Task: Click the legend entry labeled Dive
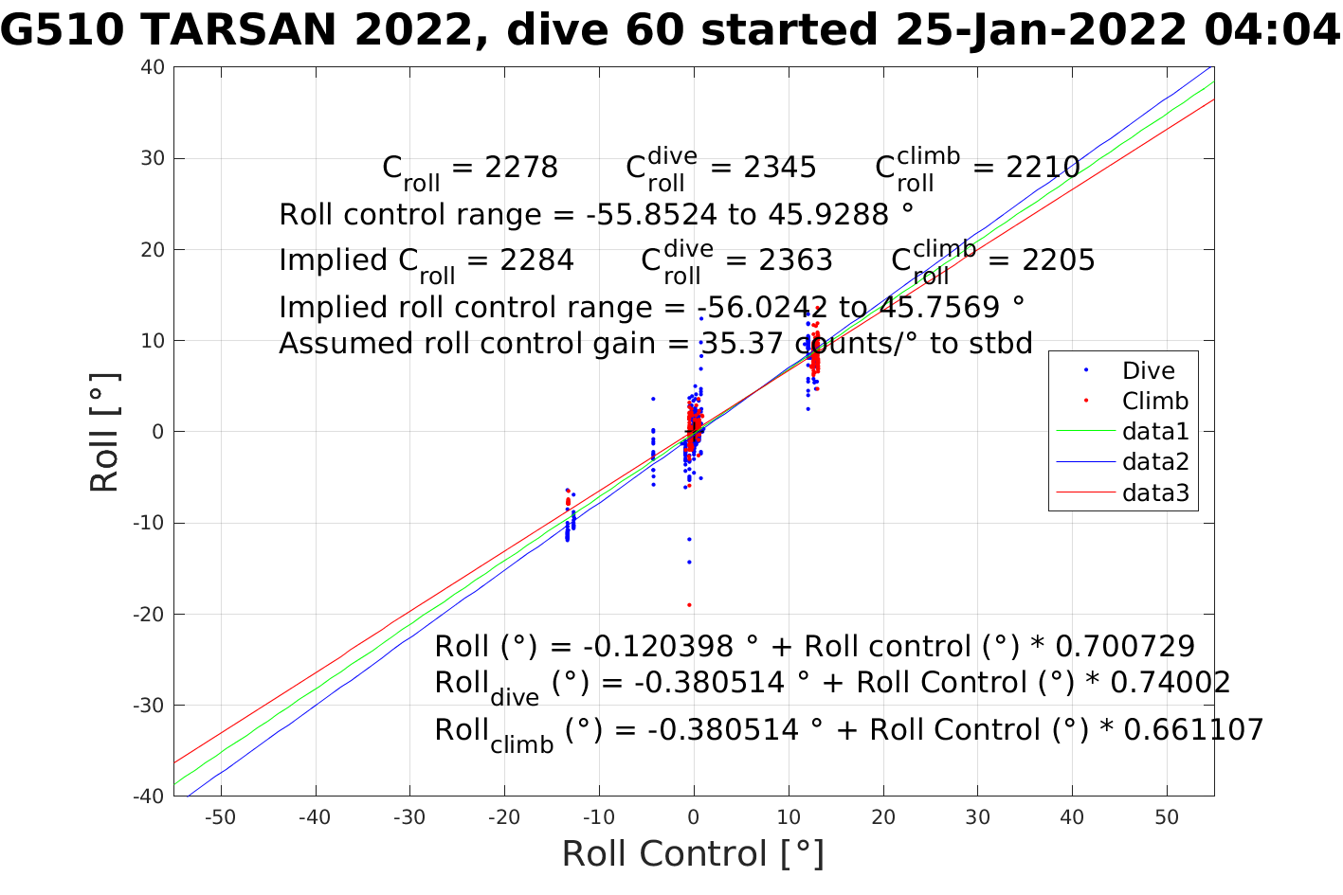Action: (x=1148, y=371)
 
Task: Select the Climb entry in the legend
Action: (x=1154, y=402)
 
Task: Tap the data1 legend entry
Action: (x=1154, y=432)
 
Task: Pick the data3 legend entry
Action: (x=1154, y=492)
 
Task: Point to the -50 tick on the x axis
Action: (x=220, y=817)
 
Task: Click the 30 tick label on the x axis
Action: (x=978, y=817)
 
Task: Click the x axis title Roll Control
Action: (x=693, y=853)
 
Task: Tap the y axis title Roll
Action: (x=105, y=432)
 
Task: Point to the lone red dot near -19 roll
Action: (x=689, y=604)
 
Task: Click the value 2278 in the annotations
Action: (x=521, y=168)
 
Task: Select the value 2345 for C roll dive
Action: (x=779, y=168)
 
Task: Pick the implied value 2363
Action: (x=795, y=260)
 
